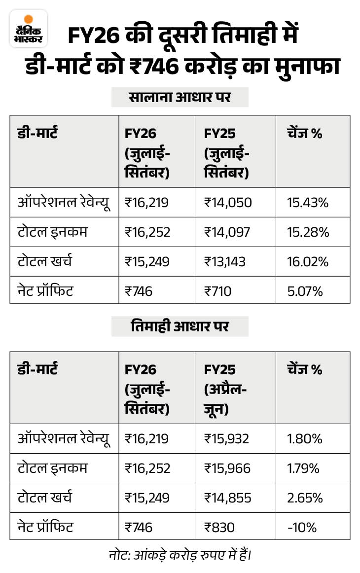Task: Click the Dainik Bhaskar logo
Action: point(29,29)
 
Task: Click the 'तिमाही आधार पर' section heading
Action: point(180,326)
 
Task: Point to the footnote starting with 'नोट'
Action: point(180,556)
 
